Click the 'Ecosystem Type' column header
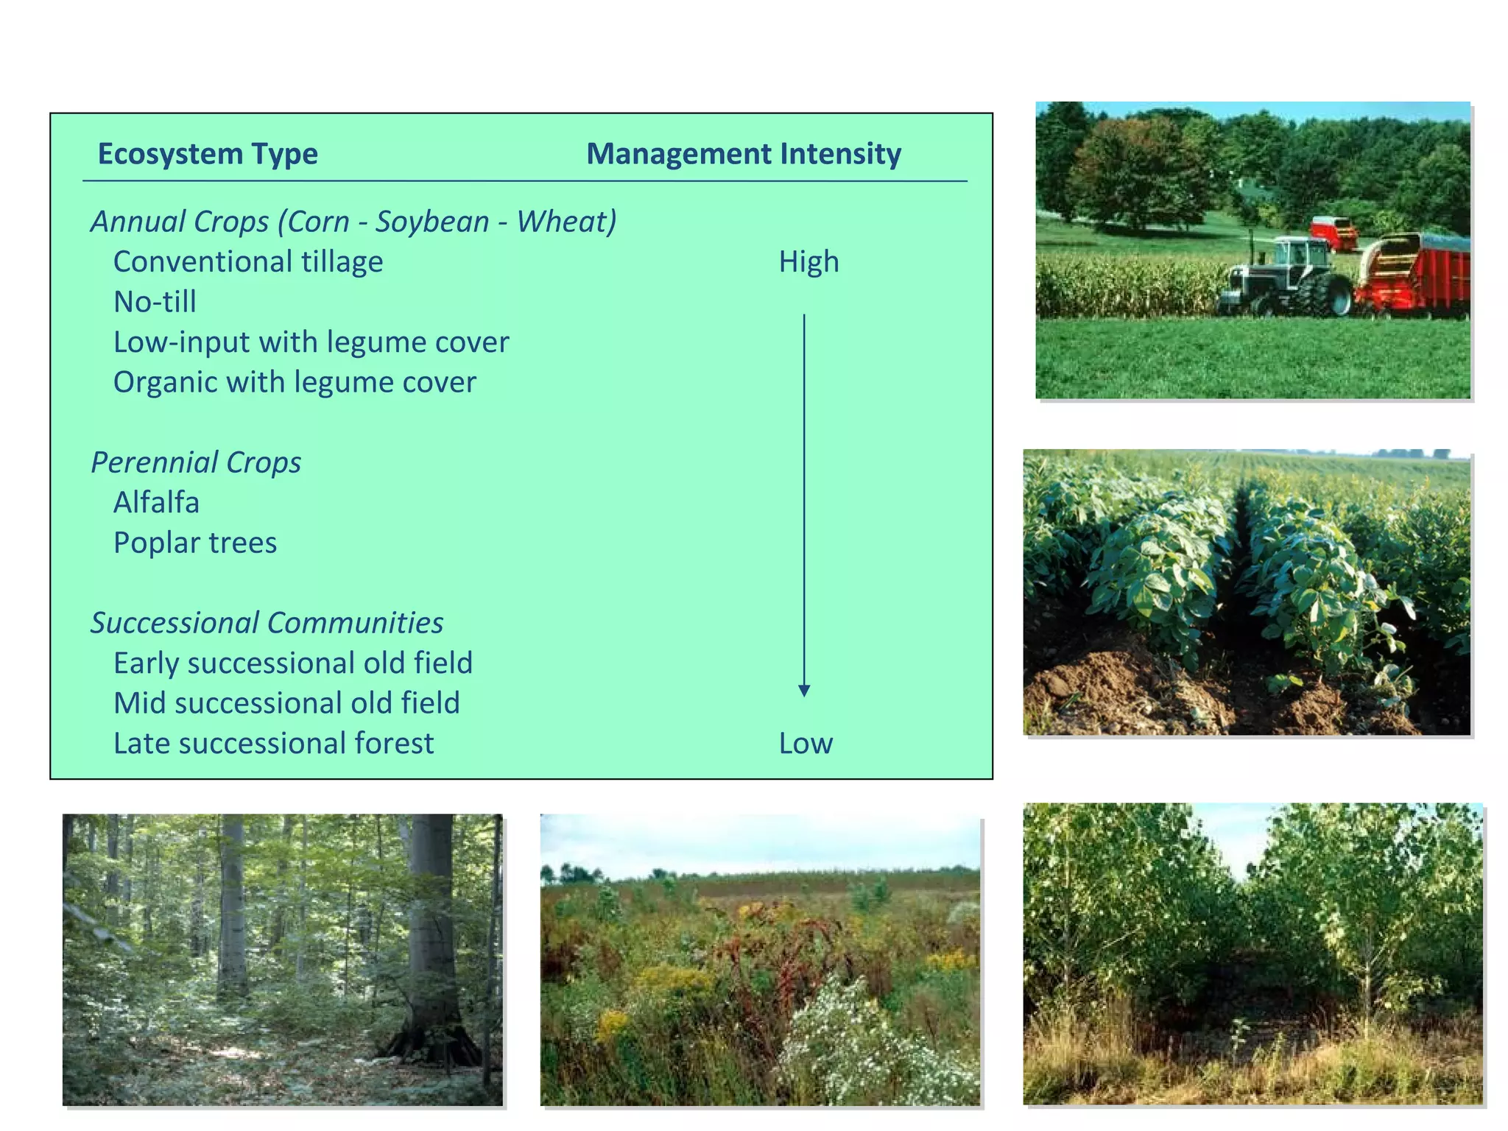(208, 154)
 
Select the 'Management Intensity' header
(744, 154)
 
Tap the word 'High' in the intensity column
(808, 262)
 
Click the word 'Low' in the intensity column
(806, 744)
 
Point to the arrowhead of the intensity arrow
(804, 691)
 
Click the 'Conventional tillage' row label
(248, 262)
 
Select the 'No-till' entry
(155, 302)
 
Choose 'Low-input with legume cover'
(311, 342)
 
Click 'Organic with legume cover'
(295, 382)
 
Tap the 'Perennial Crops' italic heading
(196, 462)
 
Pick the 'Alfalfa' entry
(156, 503)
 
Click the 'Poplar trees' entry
(195, 543)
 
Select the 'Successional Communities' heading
(267, 623)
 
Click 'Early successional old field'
(292, 663)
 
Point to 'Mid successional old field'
(286, 703)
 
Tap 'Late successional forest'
(273, 744)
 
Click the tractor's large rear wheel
(1325, 295)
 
